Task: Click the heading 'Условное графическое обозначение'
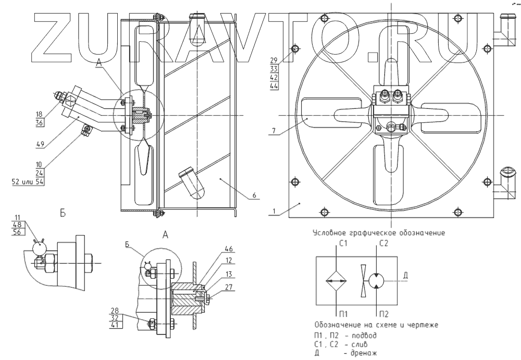point(379,233)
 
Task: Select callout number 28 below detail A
point(115,311)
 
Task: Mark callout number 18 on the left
point(40,114)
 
